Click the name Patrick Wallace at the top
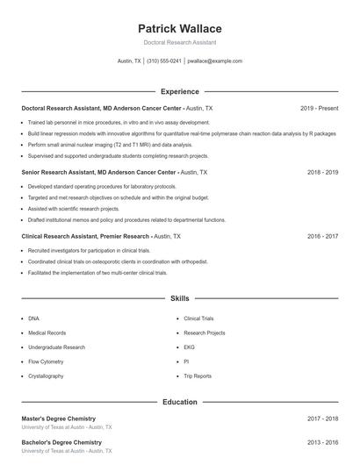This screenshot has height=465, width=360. pos(180,29)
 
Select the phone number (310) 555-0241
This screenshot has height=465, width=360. pos(164,61)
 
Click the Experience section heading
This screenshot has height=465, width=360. pos(180,91)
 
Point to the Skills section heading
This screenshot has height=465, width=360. pos(180,299)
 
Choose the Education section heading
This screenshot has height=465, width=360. pos(180,402)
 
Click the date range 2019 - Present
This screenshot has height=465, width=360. pos(319,108)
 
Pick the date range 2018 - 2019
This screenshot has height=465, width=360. pos(322,173)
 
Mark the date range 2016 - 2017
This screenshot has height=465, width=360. pos(322,237)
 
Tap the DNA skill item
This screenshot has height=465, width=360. pos(33,318)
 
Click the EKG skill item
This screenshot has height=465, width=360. pos(189,347)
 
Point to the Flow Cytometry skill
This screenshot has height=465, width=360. pos(46,361)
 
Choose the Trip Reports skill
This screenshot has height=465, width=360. pos(198,376)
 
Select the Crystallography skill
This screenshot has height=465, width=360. pos(46,376)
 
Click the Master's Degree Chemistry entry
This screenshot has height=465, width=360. pos(59,419)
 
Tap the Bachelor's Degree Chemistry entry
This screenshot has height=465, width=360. pos(61,442)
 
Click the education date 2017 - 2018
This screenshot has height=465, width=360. pos(322,419)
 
